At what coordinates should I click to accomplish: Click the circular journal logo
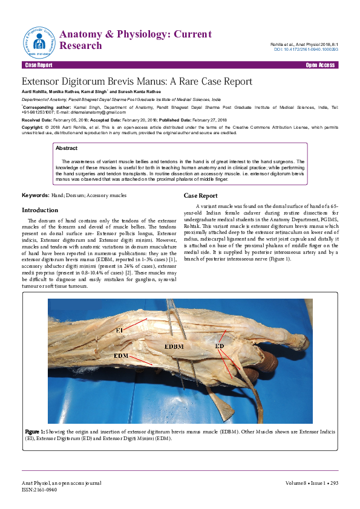[40, 41]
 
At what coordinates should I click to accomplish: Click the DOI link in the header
[306, 50]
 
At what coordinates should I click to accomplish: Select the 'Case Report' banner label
[38, 64]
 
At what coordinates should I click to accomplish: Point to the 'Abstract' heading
[66, 148]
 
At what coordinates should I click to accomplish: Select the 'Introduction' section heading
[40, 210]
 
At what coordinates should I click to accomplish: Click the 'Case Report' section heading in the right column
[201, 196]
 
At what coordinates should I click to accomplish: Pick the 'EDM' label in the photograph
[120, 356]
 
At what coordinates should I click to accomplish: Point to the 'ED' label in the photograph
[220, 345]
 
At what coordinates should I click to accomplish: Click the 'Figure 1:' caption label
[35, 432]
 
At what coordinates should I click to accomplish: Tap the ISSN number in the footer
[36, 490]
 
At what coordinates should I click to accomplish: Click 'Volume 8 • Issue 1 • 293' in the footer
[312, 483]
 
